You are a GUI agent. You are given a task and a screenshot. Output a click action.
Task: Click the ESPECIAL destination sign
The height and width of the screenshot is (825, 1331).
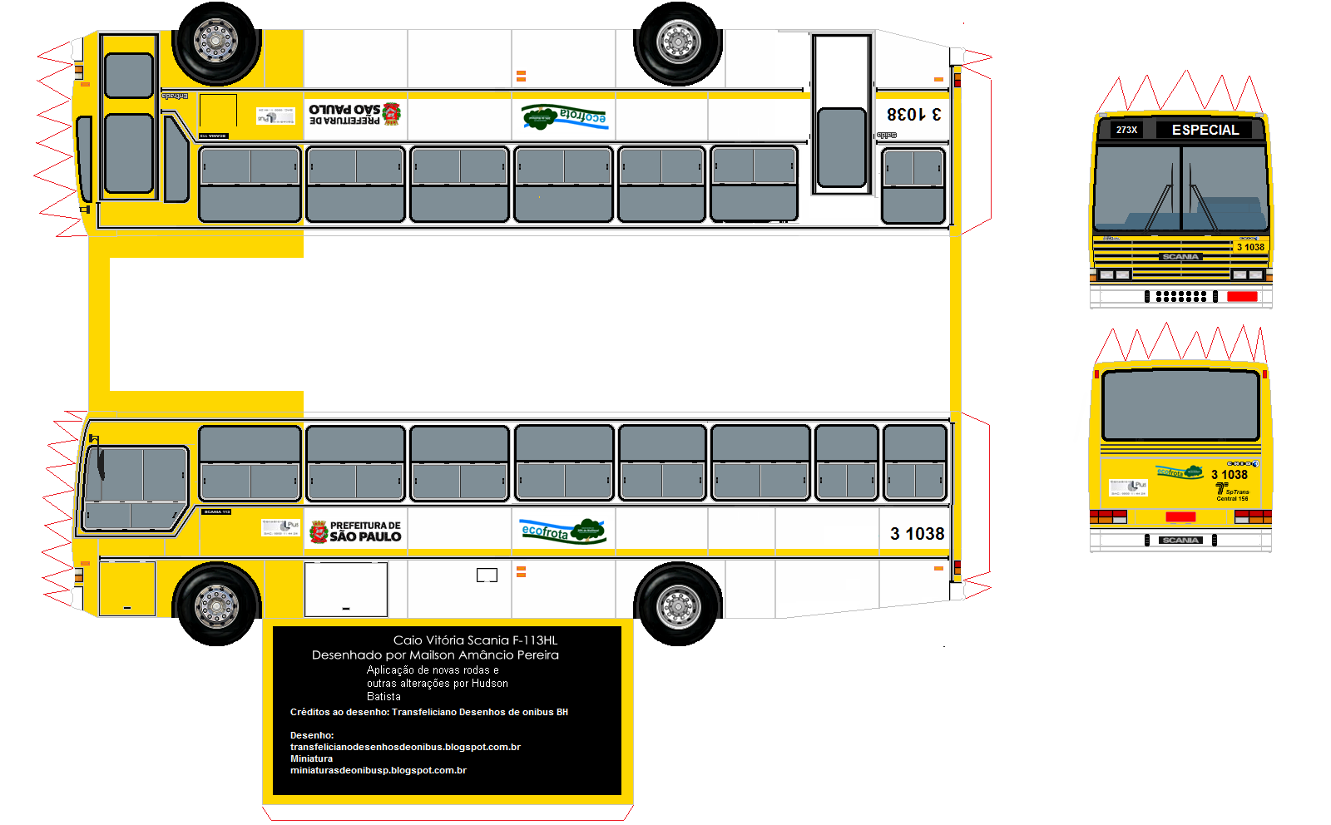click(1205, 130)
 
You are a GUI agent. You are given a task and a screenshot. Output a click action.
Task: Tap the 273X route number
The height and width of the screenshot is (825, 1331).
click(1126, 130)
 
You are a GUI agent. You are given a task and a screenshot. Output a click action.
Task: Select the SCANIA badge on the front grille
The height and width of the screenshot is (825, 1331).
click(1180, 257)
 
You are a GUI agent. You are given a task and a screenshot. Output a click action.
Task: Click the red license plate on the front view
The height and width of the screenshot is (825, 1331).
click(1242, 296)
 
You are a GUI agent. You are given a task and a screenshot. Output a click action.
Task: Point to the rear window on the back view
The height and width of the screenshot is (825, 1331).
click(1180, 405)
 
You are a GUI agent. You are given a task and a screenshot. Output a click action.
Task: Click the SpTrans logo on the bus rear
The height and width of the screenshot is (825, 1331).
click(1231, 492)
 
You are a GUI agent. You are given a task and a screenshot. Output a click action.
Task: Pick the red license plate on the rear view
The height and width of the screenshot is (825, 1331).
click(1180, 517)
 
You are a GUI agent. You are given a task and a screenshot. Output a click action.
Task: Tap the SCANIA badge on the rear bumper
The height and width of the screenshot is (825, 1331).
click(1180, 541)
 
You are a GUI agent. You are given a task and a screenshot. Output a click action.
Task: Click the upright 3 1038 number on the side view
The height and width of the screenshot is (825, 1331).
click(917, 534)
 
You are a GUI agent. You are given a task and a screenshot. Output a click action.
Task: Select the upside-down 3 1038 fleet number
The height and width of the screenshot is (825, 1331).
click(913, 114)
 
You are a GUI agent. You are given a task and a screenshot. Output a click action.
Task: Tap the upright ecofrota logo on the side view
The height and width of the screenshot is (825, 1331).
click(564, 531)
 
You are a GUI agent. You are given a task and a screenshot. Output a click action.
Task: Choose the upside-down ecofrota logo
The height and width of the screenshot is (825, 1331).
click(565, 116)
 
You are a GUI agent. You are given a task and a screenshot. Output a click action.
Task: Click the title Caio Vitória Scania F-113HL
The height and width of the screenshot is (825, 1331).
click(475, 640)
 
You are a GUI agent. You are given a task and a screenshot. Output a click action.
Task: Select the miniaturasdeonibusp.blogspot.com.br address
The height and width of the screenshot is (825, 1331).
click(379, 771)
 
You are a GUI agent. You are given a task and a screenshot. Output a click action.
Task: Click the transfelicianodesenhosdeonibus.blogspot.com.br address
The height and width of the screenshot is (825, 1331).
click(405, 748)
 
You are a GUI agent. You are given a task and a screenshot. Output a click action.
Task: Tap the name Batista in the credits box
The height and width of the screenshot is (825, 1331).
click(383, 697)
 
